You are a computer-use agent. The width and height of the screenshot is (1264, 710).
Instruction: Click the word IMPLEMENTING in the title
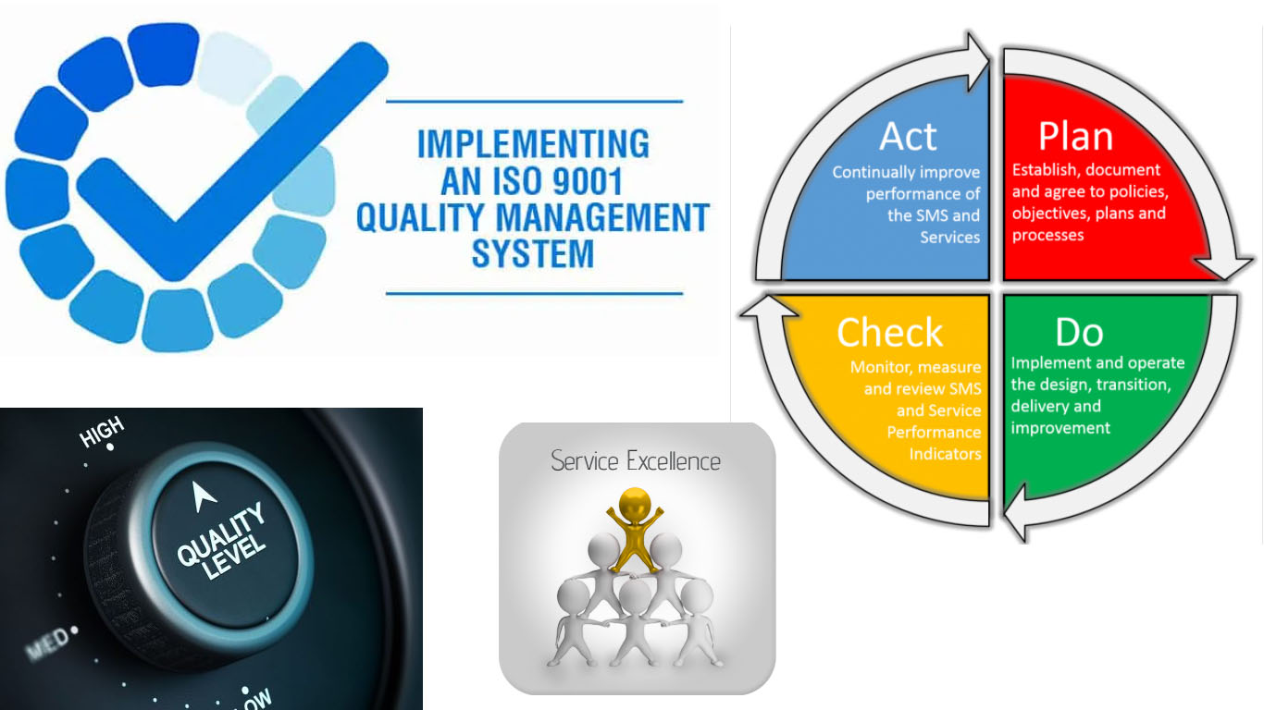click(533, 144)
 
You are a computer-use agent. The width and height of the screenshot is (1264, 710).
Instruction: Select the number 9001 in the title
click(588, 181)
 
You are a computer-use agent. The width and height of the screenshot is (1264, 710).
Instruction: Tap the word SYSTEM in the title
click(533, 254)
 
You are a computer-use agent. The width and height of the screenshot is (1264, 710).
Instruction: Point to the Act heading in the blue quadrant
click(908, 137)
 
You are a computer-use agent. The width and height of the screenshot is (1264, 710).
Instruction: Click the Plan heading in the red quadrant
click(1075, 137)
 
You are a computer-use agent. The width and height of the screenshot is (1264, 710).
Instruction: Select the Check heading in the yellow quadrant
click(890, 332)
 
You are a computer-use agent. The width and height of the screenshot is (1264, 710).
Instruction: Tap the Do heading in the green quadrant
click(1079, 332)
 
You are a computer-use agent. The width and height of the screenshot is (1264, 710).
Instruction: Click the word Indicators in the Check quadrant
click(945, 454)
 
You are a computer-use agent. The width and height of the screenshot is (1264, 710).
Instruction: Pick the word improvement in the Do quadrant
click(1060, 428)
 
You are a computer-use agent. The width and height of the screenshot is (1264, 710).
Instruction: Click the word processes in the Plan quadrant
click(1047, 235)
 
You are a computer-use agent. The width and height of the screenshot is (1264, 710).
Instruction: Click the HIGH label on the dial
click(102, 432)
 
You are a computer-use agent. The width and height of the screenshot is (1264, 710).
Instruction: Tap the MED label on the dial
click(48, 643)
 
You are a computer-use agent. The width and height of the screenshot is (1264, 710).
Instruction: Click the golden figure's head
click(635, 505)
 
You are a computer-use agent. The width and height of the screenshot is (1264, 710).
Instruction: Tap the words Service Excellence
click(636, 460)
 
